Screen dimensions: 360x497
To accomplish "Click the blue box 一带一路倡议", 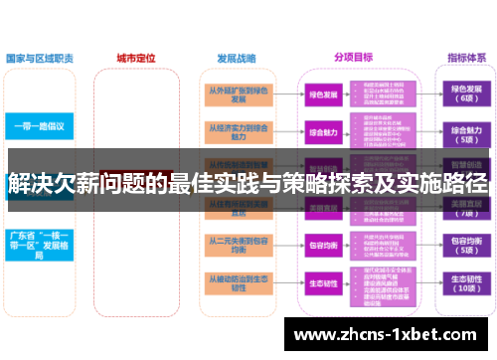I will coord(40,127).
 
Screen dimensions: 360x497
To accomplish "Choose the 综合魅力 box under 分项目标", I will coord(323,131).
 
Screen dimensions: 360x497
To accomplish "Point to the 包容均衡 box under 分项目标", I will coord(323,245).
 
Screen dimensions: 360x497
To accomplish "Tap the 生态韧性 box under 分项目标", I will coord(323,283).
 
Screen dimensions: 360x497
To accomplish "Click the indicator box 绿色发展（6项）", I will coord(464,93).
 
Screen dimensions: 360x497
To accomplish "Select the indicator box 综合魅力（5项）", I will coord(464,131).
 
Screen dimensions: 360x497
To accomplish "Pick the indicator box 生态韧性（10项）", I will coord(464,283).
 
